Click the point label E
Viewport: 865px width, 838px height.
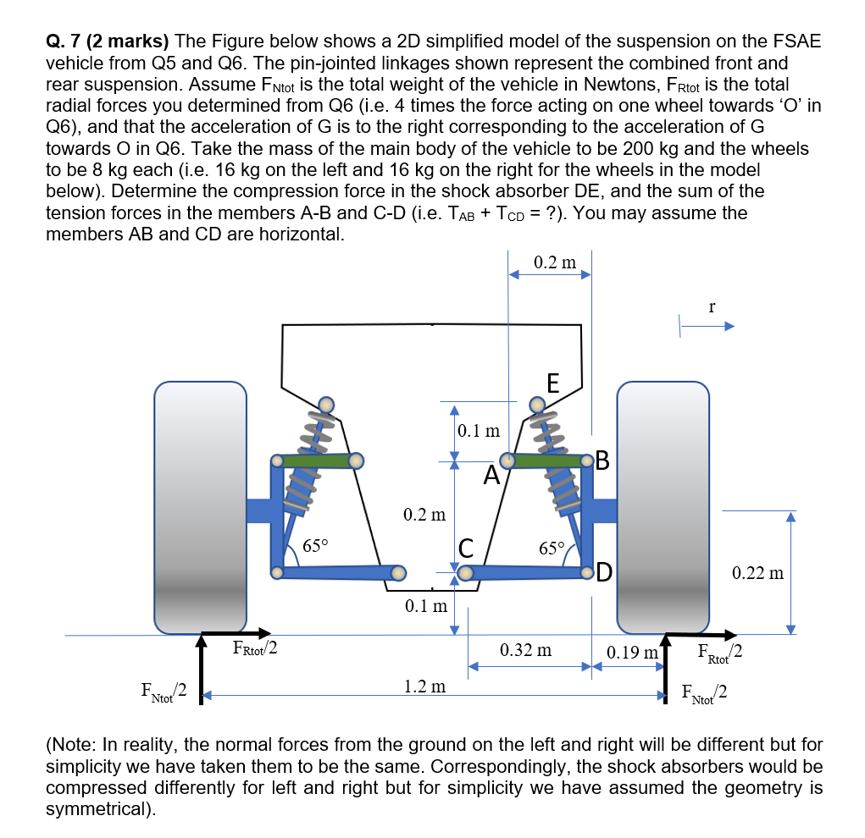click(x=552, y=383)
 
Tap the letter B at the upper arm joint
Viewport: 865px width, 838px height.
click(x=603, y=460)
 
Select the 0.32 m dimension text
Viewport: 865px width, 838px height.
click(x=525, y=650)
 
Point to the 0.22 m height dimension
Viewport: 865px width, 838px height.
click(x=758, y=574)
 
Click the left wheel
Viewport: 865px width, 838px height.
click(x=201, y=506)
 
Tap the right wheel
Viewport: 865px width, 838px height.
click(x=663, y=506)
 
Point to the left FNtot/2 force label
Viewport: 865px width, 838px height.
click(x=163, y=692)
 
